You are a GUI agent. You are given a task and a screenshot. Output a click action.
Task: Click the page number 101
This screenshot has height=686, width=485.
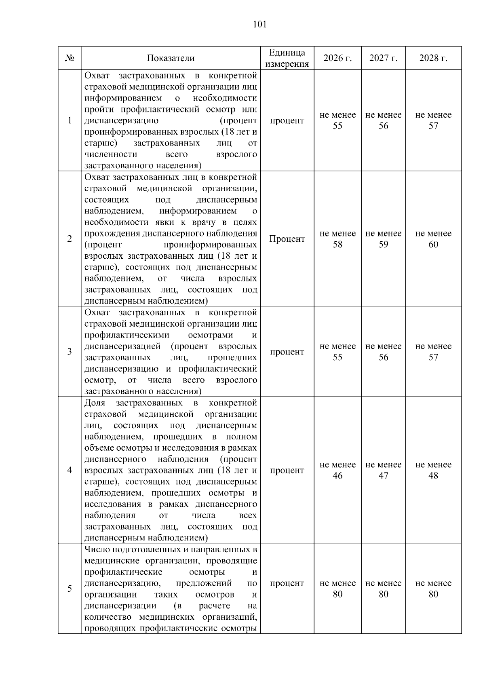click(x=259, y=25)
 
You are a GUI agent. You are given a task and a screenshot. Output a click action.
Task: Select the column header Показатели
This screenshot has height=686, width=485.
click(x=171, y=58)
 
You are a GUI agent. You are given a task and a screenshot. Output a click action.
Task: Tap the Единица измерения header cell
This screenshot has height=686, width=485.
click(x=287, y=58)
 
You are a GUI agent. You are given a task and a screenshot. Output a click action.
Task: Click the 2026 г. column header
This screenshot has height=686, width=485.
click(x=337, y=58)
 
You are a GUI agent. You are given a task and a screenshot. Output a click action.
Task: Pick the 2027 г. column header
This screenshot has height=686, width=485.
click(x=383, y=58)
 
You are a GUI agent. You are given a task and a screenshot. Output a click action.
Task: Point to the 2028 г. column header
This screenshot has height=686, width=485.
click(x=433, y=58)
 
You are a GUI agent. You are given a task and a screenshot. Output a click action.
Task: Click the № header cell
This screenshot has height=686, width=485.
click(x=70, y=58)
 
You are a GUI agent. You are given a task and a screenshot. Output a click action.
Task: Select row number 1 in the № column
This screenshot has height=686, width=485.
click(x=70, y=120)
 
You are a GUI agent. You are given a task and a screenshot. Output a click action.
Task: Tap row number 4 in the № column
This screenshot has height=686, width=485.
click(x=70, y=470)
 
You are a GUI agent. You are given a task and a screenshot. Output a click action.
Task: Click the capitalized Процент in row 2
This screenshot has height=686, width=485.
click(x=287, y=239)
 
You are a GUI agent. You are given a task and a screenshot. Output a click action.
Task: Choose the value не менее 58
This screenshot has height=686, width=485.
click(x=337, y=239)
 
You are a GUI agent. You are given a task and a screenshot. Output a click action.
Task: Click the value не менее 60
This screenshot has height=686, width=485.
click(x=433, y=239)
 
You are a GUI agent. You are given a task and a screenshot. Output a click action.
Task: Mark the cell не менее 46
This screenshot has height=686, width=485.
click(x=337, y=470)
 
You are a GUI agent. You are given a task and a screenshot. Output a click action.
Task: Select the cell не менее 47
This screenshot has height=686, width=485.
click(x=383, y=470)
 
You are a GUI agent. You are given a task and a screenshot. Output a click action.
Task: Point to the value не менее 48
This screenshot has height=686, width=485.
click(x=433, y=470)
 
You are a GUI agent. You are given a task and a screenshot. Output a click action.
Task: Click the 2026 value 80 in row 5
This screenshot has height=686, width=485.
click(x=337, y=594)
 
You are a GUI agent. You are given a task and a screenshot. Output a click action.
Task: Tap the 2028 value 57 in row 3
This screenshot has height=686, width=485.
click(x=433, y=357)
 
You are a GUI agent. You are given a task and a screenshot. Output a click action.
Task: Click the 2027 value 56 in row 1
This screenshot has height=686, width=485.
click(x=383, y=126)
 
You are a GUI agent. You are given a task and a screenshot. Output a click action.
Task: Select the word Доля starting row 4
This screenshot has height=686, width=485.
click(x=95, y=403)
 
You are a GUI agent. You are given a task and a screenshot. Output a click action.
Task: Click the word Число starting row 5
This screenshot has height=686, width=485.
click(x=96, y=550)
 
